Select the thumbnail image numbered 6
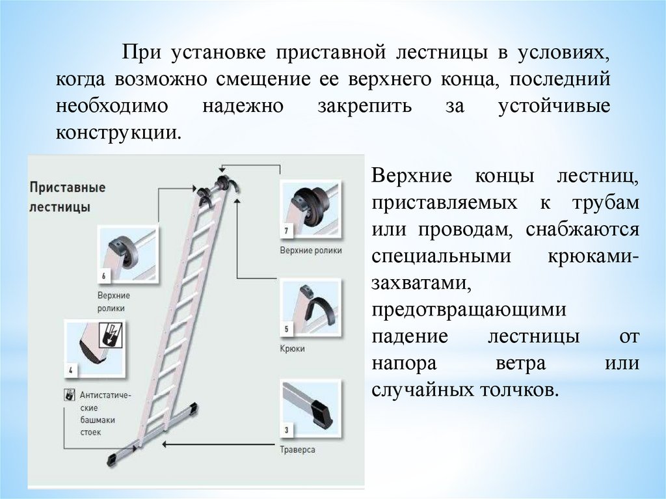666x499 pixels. (x=127, y=254)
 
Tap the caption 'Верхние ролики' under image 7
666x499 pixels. (x=310, y=250)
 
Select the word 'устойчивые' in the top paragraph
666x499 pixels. (x=554, y=106)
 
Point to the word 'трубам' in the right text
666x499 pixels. (x=606, y=203)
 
